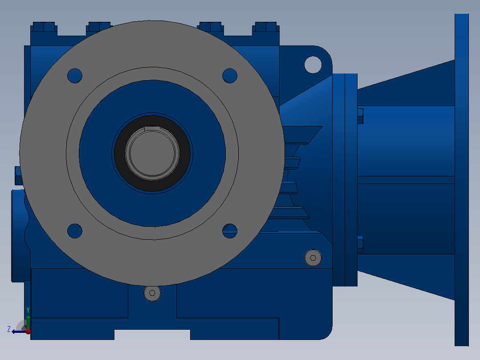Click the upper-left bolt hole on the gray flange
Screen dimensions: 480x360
[x=75, y=76]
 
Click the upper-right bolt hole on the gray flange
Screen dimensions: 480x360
[x=230, y=76]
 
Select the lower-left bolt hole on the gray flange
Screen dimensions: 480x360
[x=75, y=231]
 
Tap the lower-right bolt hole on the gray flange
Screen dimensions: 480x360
[x=230, y=231]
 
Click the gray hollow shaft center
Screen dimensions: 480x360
[x=152, y=153]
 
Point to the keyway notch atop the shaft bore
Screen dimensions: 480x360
[x=152, y=128]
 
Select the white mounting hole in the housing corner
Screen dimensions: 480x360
[x=313, y=65]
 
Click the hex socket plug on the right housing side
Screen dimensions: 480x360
[x=313, y=258]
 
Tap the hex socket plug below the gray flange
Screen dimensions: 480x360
[x=152, y=293]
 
